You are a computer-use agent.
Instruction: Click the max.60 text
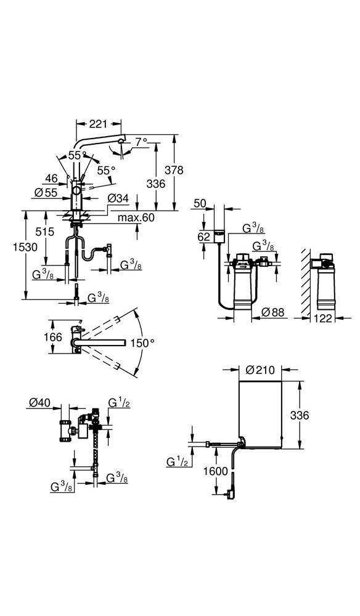[x=137, y=217]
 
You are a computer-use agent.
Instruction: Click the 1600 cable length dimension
[x=216, y=470]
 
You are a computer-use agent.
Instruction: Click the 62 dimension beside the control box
[x=204, y=237]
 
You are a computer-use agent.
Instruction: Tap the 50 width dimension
[x=200, y=203]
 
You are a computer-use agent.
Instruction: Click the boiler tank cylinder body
[x=260, y=413]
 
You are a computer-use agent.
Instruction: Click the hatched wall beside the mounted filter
[x=304, y=283]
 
